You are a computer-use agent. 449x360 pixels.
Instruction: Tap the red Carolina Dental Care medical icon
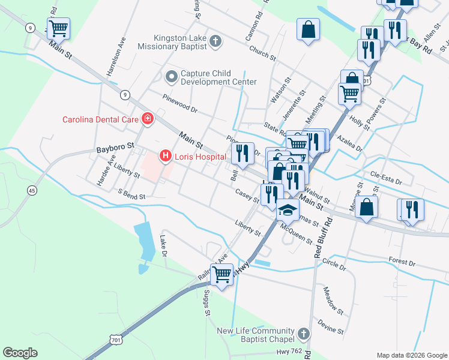[147, 119]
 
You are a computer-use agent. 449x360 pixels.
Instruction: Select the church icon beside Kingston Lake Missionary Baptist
[216, 41]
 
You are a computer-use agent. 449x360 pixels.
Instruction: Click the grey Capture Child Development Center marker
[172, 76]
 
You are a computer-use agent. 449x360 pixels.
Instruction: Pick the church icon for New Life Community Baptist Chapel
[304, 333]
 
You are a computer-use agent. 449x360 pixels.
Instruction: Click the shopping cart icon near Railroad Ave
[221, 274]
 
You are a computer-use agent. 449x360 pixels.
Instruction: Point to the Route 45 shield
[31, 190]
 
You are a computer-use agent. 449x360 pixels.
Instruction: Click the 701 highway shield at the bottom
[116, 340]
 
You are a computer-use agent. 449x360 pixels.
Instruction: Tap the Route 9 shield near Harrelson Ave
[125, 94]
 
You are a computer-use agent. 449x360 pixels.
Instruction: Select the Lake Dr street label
[163, 246]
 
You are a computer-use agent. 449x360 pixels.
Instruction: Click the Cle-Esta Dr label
[385, 178]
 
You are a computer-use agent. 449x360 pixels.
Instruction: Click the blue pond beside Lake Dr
[145, 240]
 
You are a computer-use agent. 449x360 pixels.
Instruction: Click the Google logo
[20, 353]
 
